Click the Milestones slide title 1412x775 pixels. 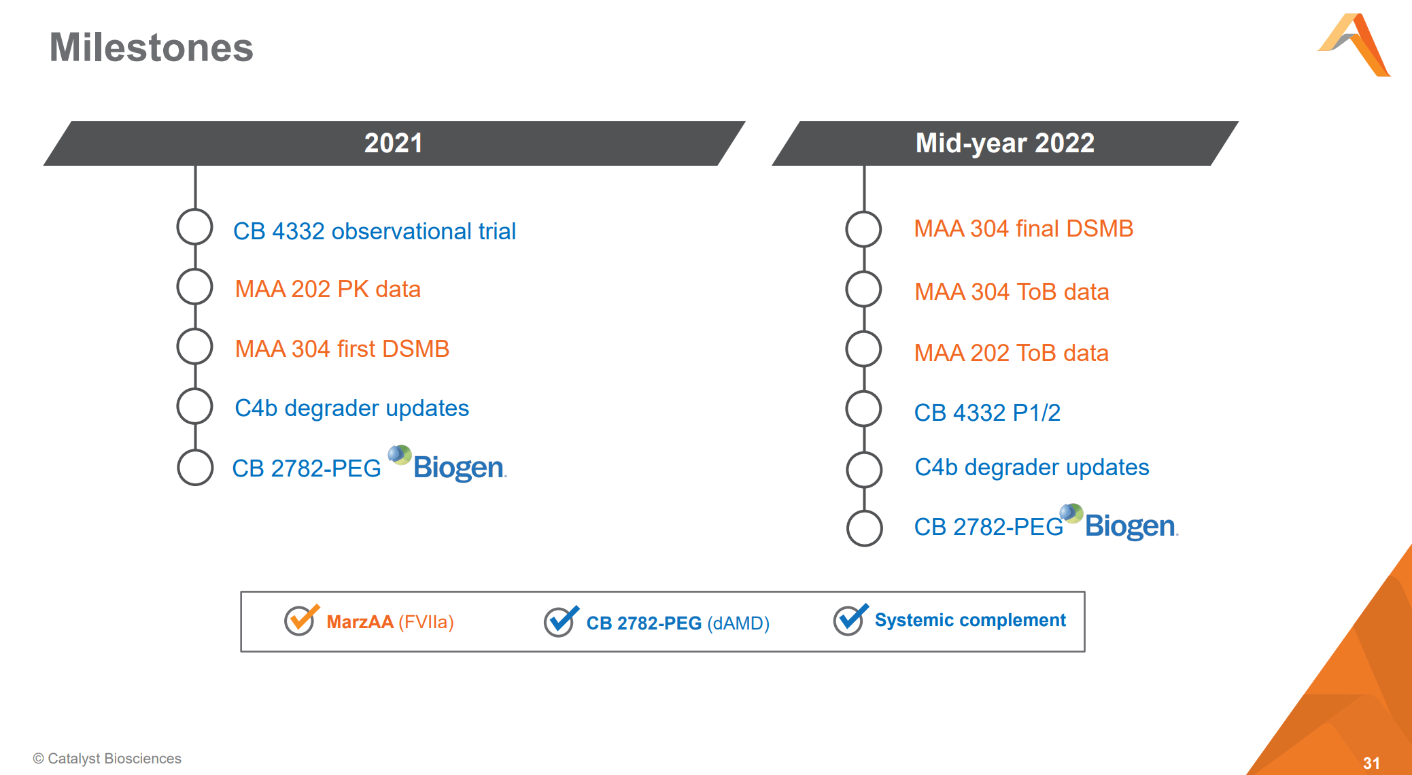[151, 48]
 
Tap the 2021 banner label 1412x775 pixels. [393, 143]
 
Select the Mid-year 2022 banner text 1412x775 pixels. [1004, 143]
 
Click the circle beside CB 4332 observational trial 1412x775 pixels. [195, 227]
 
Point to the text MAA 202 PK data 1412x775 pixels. [327, 289]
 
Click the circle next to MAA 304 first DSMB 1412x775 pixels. [195, 347]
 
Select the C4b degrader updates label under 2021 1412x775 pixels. [351, 408]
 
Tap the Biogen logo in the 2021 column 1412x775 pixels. [449, 465]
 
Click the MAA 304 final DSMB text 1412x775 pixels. [1022, 228]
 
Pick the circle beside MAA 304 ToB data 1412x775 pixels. [863, 289]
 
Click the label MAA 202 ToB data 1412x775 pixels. [1011, 353]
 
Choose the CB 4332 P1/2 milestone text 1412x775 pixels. [986, 413]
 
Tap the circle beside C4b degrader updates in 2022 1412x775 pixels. [864, 469]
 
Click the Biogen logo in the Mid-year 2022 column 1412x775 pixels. [1120, 523]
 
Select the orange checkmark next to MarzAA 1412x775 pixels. [300, 619]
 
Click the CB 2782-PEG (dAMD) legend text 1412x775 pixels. [677, 623]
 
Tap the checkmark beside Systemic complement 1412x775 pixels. [850, 619]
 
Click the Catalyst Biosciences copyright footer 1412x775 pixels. [107, 758]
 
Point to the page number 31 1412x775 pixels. [1371, 763]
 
